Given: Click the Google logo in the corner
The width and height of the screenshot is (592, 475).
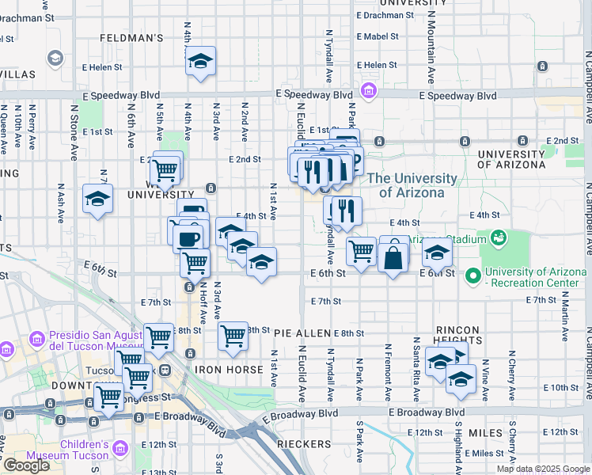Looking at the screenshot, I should pos(25,465).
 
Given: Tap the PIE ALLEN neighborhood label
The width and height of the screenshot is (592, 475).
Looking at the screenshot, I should pos(302,334).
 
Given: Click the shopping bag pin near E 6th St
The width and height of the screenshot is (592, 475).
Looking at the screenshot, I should pos(393,256).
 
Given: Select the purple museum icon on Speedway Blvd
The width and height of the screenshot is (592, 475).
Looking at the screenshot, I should pos(368,92).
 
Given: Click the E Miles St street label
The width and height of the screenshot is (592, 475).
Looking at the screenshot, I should pos(483,453).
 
